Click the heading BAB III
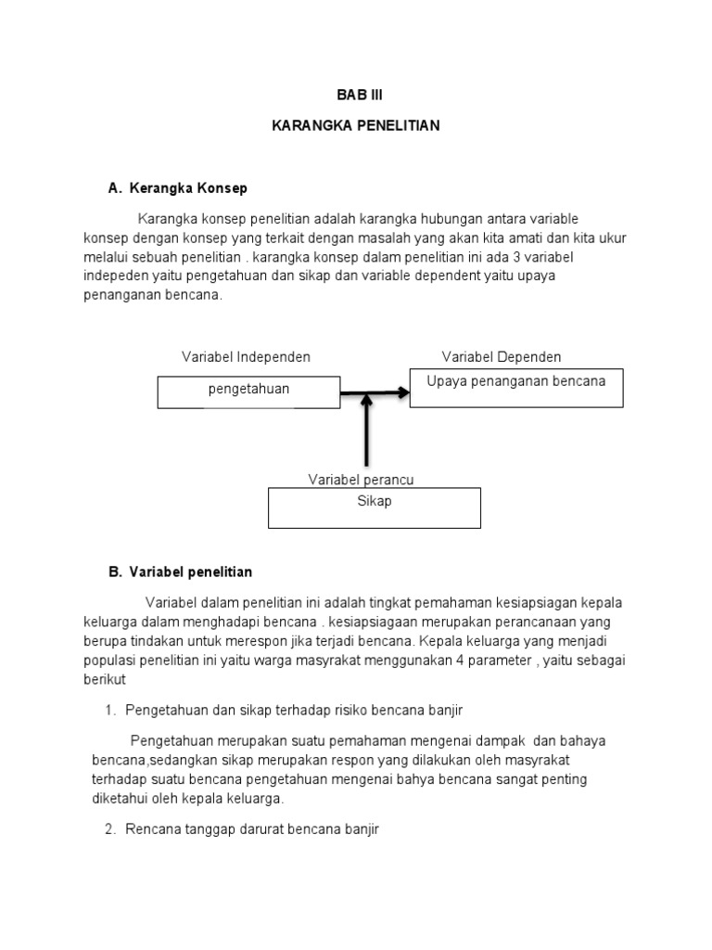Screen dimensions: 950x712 [x=356, y=95]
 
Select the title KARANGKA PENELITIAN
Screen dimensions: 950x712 [x=356, y=125]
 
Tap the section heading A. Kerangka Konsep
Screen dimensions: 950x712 [x=178, y=188]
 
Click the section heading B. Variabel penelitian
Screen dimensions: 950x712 [x=180, y=572]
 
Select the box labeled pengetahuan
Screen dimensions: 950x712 [x=248, y=391]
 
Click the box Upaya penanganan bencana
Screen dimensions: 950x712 [x=516, y=387]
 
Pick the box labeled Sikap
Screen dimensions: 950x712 [x=375, y=507]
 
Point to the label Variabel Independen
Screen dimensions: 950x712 [x=246, y=357]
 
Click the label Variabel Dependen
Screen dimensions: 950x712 [x=502, y=357]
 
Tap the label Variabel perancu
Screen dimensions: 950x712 [x=361, y=479]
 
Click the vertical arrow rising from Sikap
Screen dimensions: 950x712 [x=367, y=431]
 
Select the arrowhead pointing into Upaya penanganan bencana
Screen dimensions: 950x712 [x=402, y=392]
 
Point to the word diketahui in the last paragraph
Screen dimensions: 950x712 [x=121, y=797]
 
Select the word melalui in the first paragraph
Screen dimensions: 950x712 [x=96, y=256]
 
